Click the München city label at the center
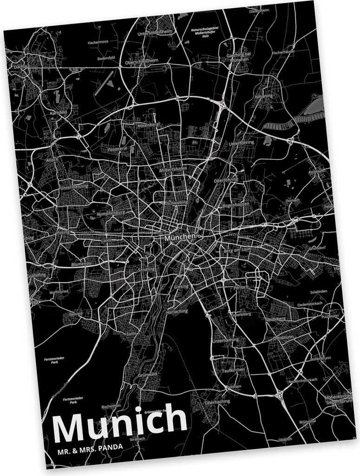179,237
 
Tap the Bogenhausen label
236,204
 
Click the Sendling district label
147,270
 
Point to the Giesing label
181,287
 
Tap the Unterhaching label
225,340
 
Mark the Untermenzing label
74,186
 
